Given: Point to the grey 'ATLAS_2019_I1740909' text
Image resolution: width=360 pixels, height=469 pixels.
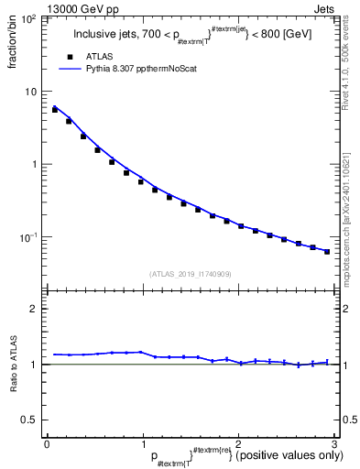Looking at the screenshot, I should pyautogui.click(x=190, y=274).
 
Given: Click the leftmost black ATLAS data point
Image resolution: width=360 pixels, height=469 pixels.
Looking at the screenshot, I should pyautogui.click(x=55, y=110).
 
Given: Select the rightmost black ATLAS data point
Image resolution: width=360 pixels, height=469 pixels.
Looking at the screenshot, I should pyautogui.click(x=327, y=251).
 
